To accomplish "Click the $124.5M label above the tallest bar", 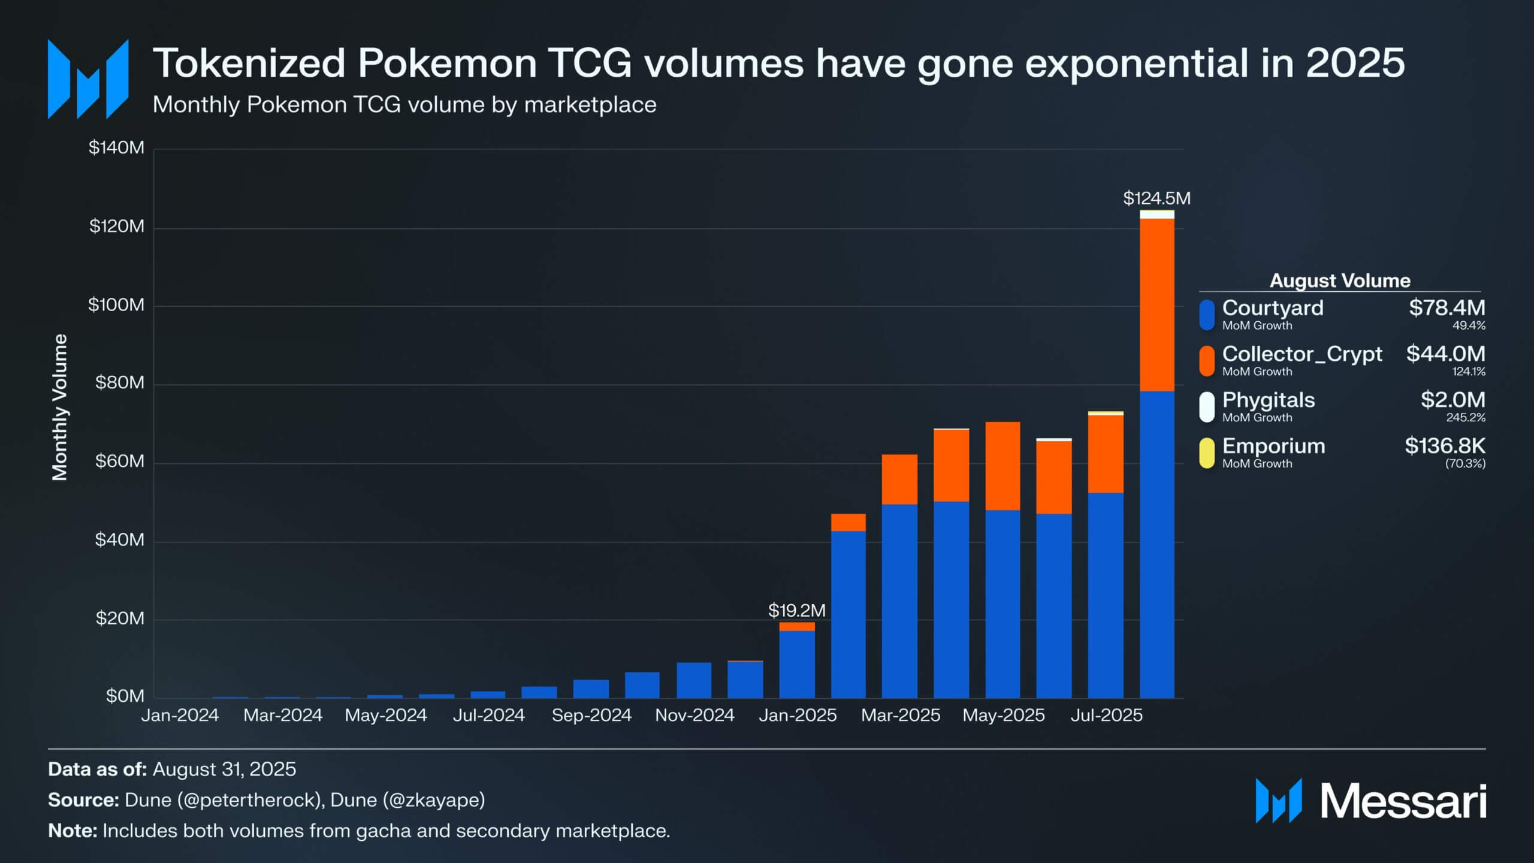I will [1156, 198].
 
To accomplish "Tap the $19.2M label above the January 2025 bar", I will [796, 611].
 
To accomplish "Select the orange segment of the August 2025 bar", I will [1156, 304].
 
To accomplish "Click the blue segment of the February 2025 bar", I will [848, 614].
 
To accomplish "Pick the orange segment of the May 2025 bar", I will [1002, 466].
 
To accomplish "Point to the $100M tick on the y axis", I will [116, 305].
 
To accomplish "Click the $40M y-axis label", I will [119, 540].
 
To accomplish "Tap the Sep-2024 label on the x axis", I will [591, 715].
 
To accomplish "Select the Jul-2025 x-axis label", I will [1106, 715].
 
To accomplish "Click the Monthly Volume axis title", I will [60, 408].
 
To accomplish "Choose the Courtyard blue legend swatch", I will [1207, 315].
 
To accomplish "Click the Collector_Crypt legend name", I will [1302, 354].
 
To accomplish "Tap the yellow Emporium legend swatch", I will [1207, 452].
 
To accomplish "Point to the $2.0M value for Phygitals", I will [1453, 400].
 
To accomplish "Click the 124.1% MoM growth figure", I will [1468, 372].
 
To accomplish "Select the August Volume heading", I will [1340, 280].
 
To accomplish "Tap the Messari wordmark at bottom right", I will [1403, 801].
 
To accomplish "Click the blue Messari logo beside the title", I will [88, 79].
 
